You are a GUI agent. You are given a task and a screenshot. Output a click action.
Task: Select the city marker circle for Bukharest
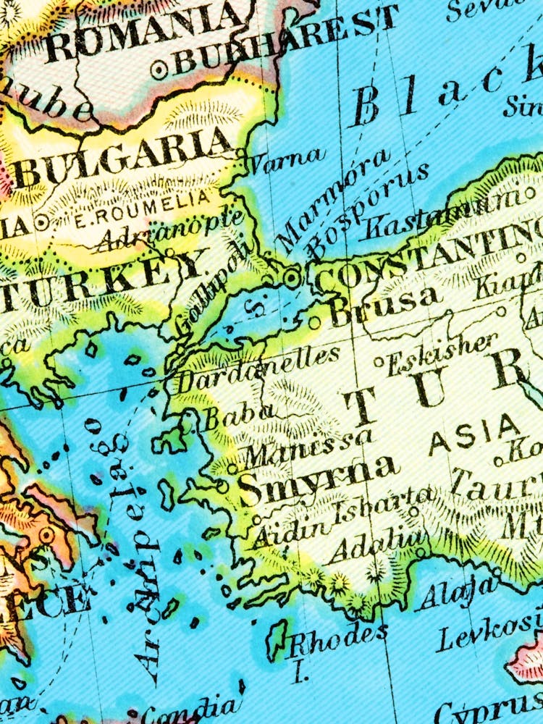tap(159, 70)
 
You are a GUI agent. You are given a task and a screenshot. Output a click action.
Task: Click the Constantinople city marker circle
tap(291, 277)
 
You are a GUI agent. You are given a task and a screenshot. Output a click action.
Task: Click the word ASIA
tap(474, 434)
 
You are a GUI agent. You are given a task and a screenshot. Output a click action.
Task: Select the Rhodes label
tap(337, 637)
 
